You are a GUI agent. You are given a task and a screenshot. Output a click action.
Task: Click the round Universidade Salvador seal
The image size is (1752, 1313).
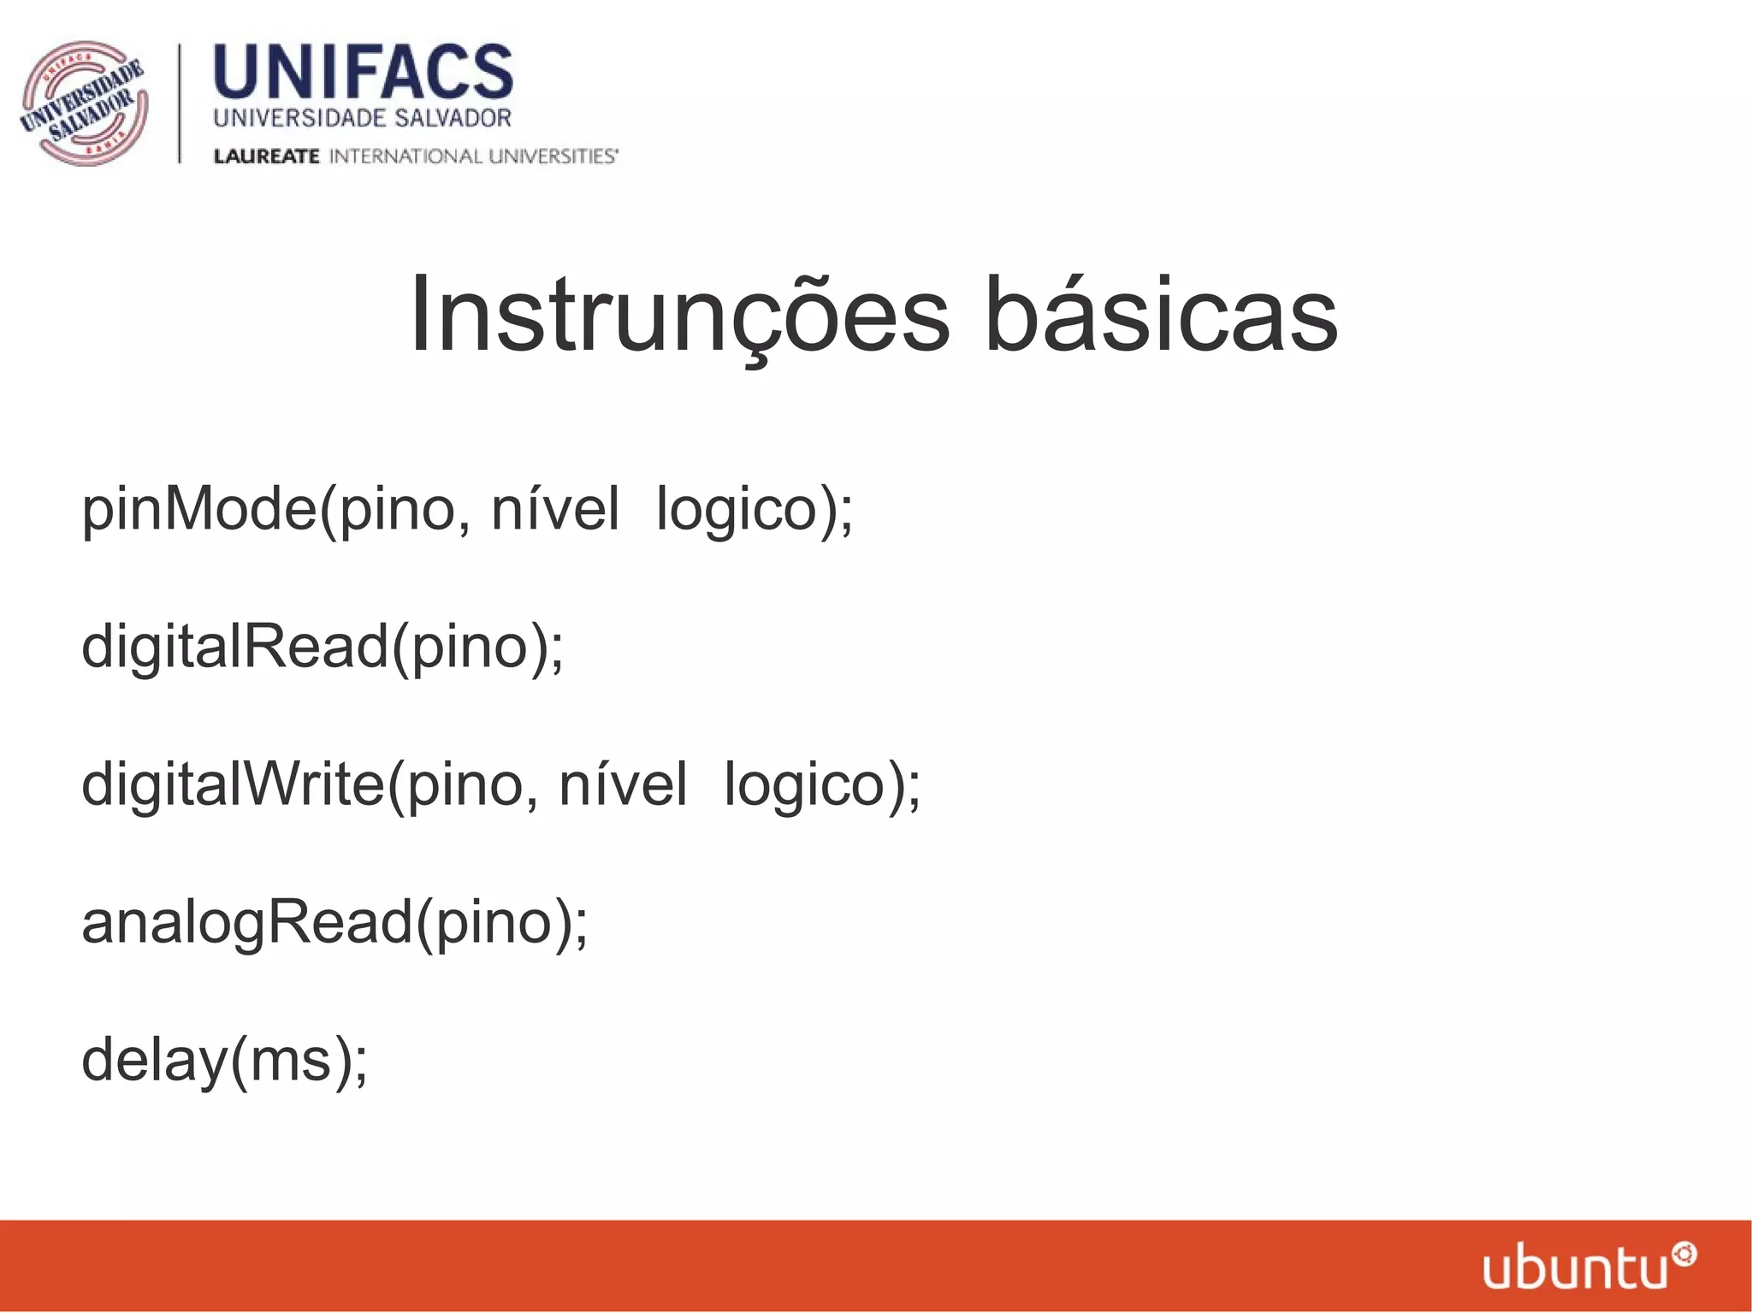click(x=84, y=104)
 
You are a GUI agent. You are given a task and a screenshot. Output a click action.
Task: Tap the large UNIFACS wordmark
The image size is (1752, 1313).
click(x=363, y=74)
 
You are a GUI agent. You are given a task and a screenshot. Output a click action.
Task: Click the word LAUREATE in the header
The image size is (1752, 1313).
click(x=266, y=157)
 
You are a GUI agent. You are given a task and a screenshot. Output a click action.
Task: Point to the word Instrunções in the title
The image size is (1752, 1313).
click(x=678, y=316)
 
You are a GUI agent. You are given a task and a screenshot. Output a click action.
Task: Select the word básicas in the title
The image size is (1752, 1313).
click(x=1161, y=314)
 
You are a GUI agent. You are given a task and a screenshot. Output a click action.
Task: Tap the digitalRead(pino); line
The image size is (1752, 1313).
click(x=323, y=648)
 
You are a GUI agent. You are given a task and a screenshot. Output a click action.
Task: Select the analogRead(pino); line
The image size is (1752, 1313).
click(x=334, y=924)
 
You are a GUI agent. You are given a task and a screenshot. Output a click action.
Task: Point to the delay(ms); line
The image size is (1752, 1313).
click(x=224, y=1061)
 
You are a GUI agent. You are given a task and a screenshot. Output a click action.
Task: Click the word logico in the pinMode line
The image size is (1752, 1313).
click(x=737, y=510)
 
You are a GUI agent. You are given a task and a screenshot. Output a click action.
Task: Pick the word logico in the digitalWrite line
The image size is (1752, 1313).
click(x=804, y=785)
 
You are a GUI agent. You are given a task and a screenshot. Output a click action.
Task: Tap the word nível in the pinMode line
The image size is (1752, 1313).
click(x=554, y=510)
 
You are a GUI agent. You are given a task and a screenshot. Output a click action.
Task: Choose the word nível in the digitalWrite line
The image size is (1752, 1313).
click(x=622, y=785)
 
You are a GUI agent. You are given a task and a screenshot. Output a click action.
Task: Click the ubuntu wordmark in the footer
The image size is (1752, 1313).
click(x=1575, y=1269)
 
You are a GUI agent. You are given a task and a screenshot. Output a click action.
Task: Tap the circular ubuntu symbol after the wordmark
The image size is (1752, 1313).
click(x=1684, y=1256)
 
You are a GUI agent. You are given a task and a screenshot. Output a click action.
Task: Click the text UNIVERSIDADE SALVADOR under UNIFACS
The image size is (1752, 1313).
click(x=362, y=118)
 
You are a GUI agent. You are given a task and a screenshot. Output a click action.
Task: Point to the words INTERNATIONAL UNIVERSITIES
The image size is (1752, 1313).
click(x=473, y=157)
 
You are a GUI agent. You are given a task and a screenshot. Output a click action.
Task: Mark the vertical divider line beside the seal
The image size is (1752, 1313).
click(x=180, y=104)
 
